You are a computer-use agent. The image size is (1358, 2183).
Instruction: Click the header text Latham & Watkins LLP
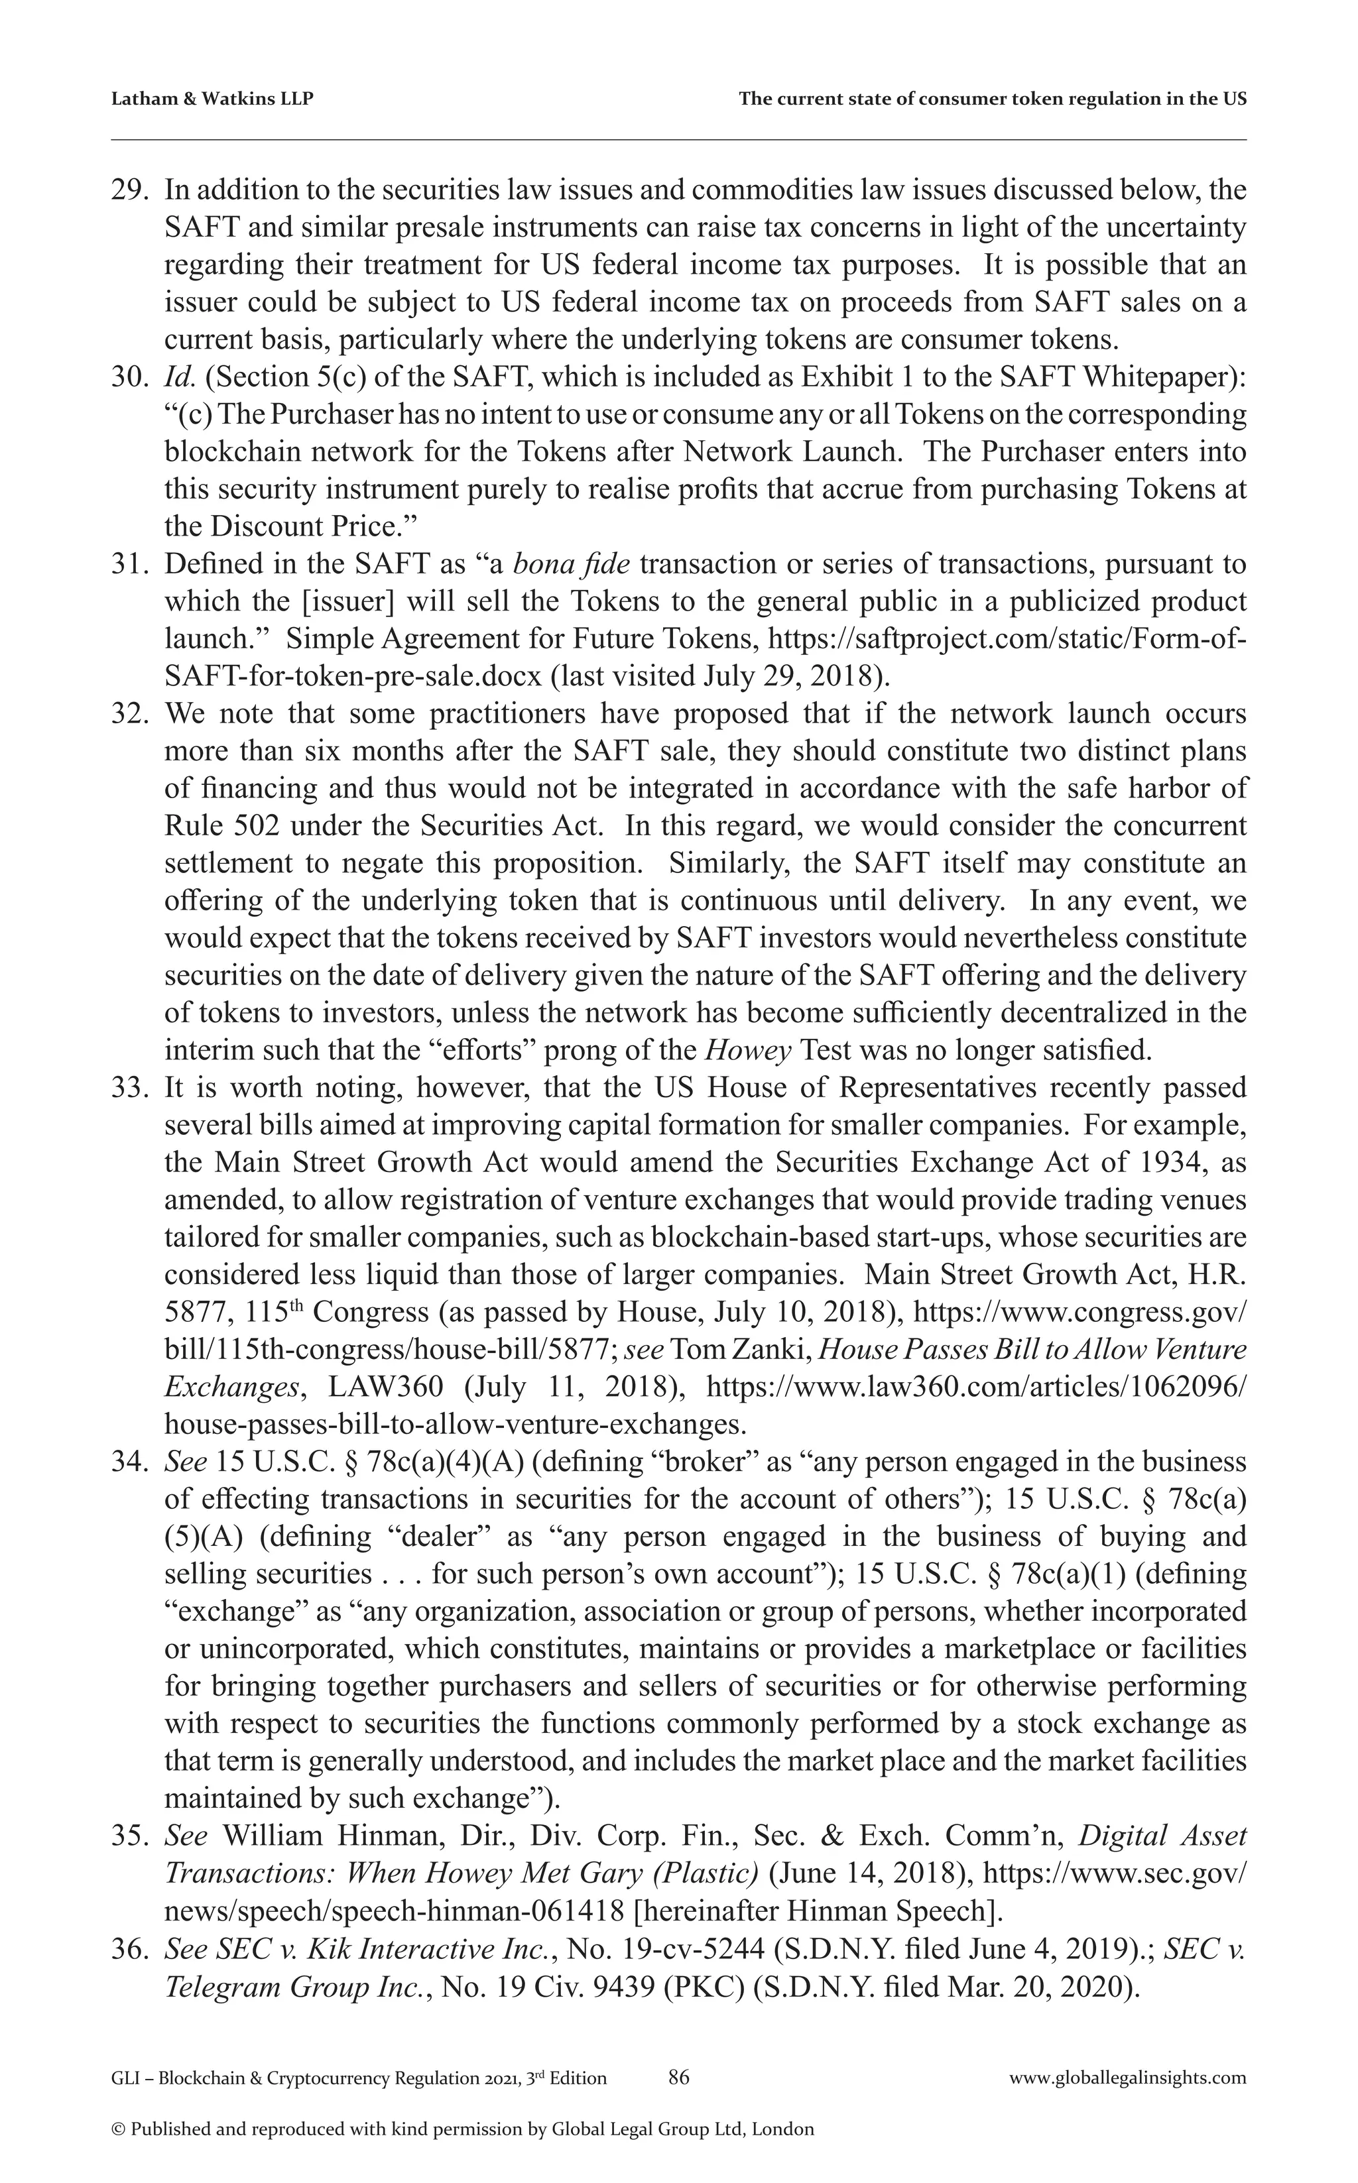(212, 99)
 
